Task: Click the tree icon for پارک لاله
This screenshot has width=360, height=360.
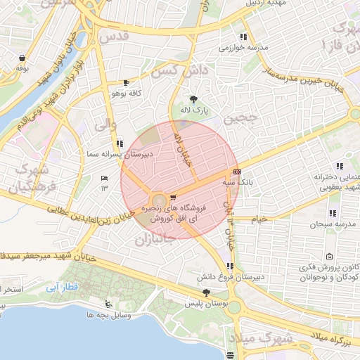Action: coord(194,98)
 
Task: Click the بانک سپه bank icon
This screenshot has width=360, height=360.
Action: coord(237,171)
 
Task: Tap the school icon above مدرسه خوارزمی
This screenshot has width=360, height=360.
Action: coord(243,37)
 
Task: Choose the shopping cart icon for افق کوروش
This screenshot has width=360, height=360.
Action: coord(173,197)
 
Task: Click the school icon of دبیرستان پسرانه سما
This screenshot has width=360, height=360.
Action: coord(119,142)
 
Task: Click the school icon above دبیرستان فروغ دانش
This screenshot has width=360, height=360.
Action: coord(230,266)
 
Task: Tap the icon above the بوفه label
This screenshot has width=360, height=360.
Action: coord(22,58)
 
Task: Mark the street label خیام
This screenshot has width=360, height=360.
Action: coord(258,219)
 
